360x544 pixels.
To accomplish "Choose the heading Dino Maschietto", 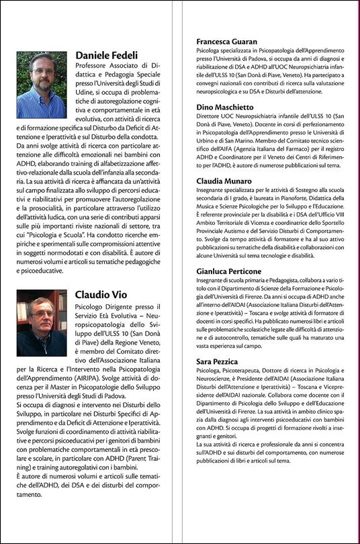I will [225, 107].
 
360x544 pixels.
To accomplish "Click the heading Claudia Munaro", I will [223, 182].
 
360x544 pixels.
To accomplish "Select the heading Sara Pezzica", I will [218, 361].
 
